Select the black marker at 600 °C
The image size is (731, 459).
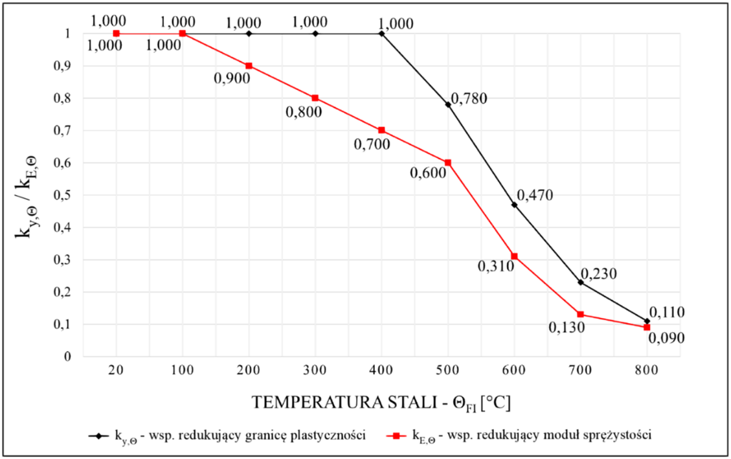(x=514, y=205)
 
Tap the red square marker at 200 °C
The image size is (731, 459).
(x=249, y=65)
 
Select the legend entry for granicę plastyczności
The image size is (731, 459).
(x=227, y=435)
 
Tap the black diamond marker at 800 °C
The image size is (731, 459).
(x=647, y=321)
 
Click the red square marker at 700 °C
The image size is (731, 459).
(x=581, y=315)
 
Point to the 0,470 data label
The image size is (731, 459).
(x=534, y=196)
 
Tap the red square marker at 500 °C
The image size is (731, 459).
(x=447, y=162)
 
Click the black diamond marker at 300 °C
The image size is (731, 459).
(x=315, y=33)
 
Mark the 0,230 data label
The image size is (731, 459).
(x=598, y=274)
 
